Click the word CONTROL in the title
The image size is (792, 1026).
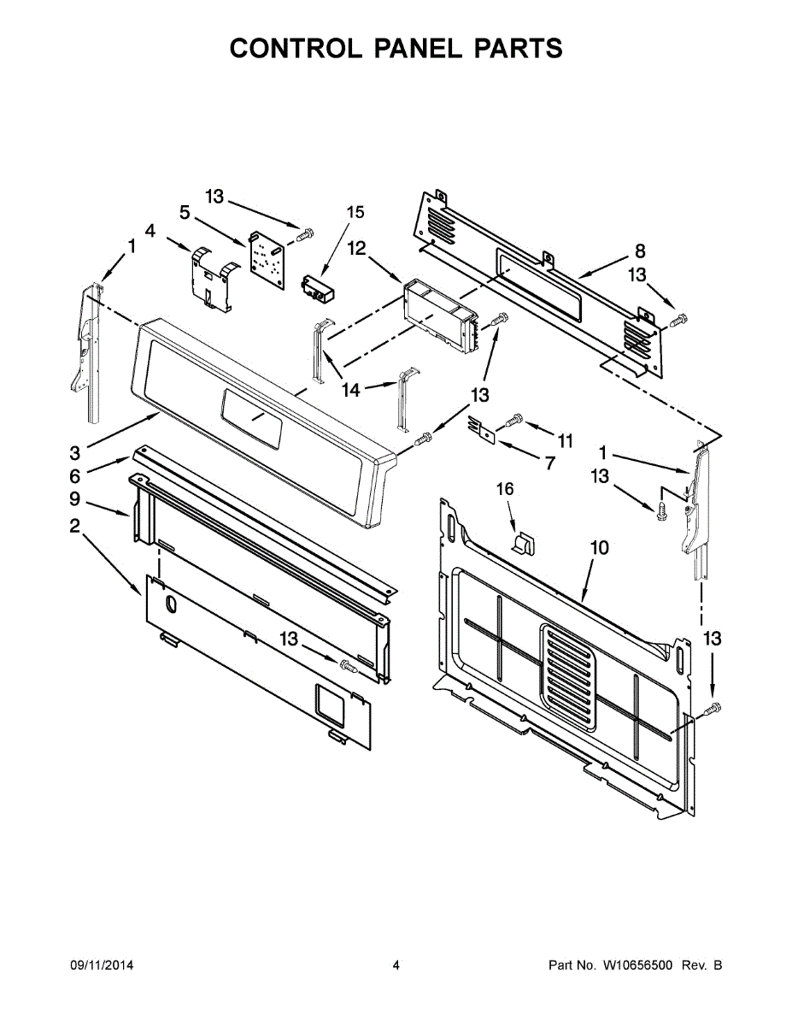(296, 48)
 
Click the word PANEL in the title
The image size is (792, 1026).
(418, 48)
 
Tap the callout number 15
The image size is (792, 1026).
(355, 213)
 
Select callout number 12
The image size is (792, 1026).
(357, 248)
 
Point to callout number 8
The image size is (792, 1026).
(640, 251)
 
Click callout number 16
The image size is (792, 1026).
(505, 489)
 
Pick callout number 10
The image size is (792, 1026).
(599, 548)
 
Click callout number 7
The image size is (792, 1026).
(550, 463)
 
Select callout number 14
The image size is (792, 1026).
(351, 390)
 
